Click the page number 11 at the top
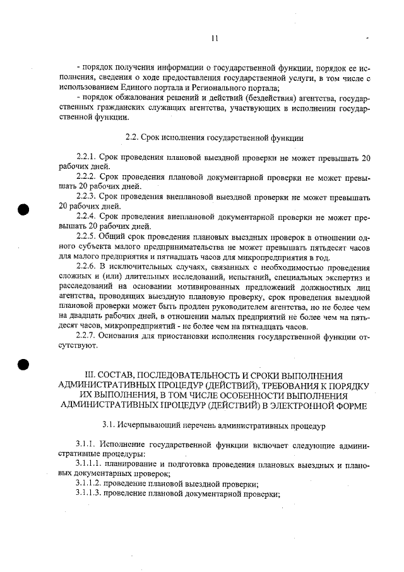click(x=215, y=39)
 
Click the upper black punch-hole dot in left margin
click(x=24, y=210)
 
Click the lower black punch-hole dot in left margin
click(x=24, y=365)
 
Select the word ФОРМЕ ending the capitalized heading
click(x=348, y=405)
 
